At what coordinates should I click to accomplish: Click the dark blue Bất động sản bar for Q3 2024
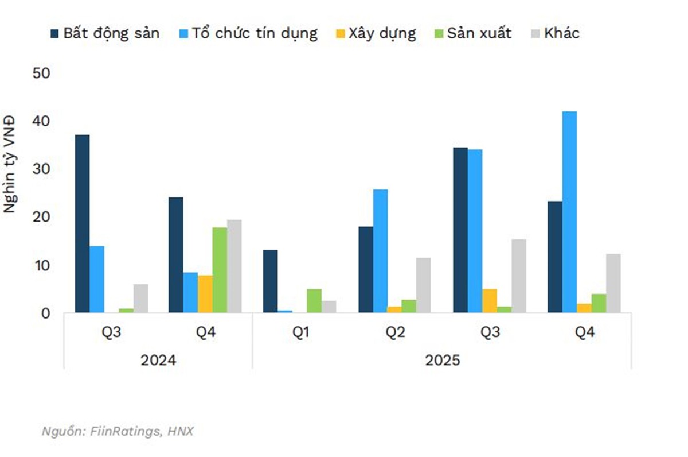click(x=83, y=224)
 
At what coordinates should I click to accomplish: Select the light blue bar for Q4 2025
click(x=569, y=212)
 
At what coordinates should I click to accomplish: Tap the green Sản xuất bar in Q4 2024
click(x=220, y=270)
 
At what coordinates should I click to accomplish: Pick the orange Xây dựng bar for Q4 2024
click(x=205, y=294)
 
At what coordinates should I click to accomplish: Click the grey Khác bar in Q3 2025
click(x=519, y=276)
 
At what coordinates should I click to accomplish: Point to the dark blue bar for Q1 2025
click(x=270, y=281)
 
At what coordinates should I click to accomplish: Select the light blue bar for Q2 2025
click(x=380, y=251)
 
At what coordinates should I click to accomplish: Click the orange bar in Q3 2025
click(x=490, y=301)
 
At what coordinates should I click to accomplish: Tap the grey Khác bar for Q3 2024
click(x=140, y=299)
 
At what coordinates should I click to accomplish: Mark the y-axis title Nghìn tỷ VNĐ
click(x=10, y=165)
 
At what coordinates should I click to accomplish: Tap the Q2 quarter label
click(x=394, y=333)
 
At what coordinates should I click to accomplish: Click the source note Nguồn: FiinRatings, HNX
click(x=118, y=431)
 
